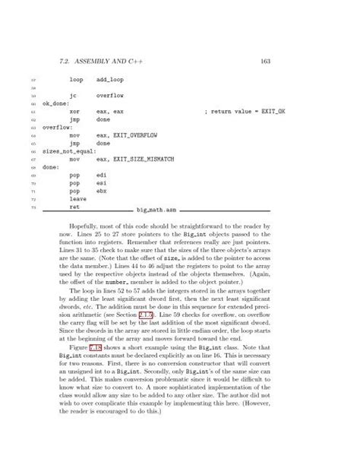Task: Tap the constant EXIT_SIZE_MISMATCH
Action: pos(139,160)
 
